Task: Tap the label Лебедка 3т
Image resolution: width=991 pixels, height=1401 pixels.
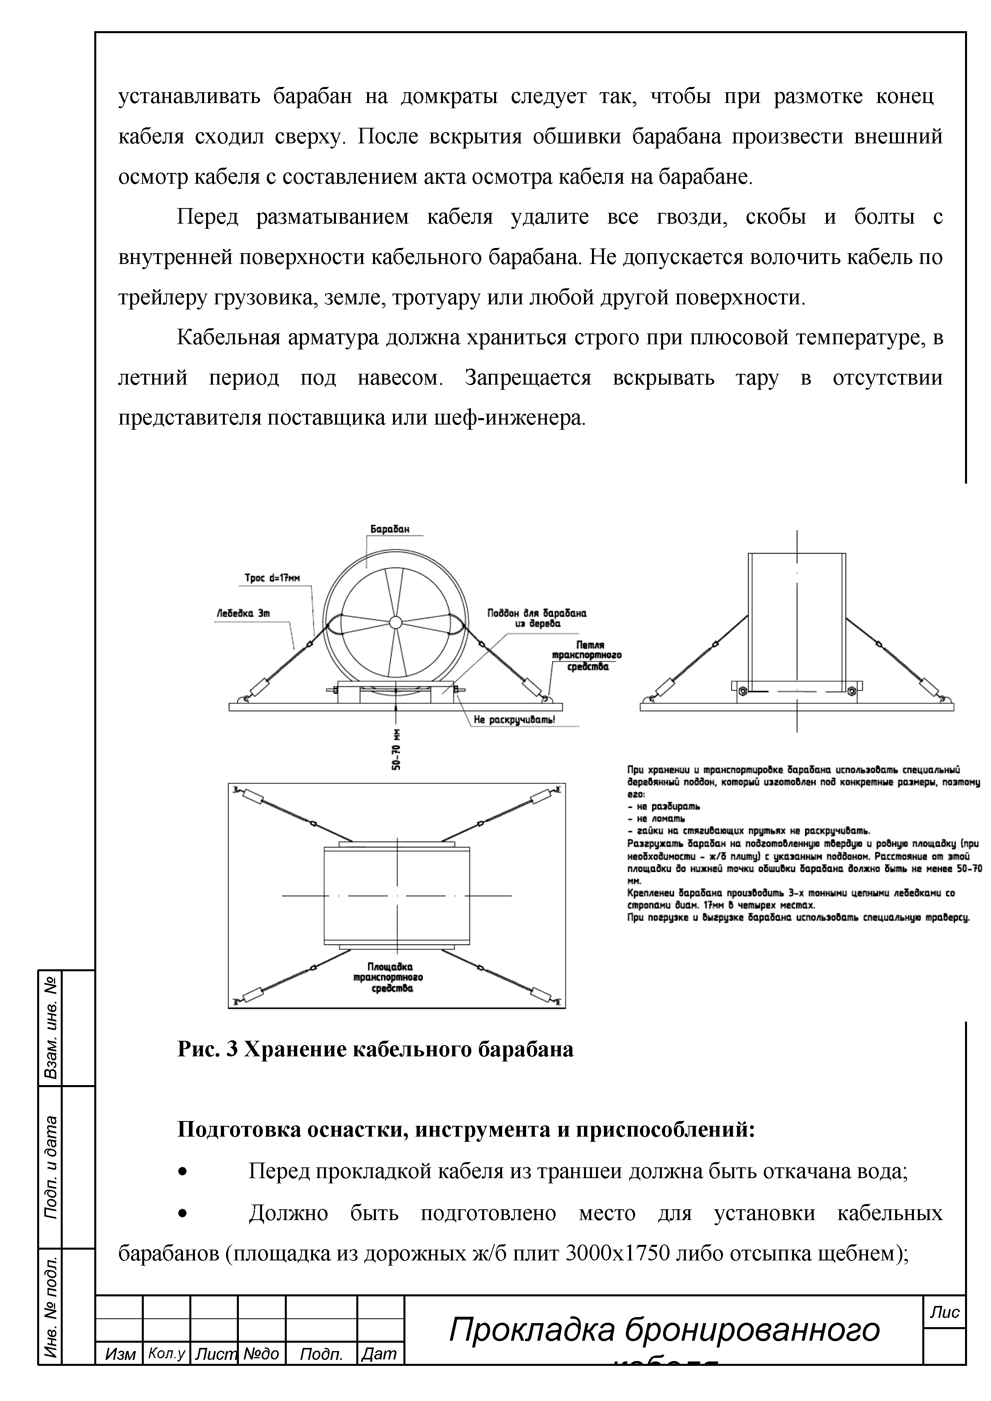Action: pos(243,614)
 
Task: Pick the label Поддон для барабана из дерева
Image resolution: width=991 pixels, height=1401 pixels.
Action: pos(536,619)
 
